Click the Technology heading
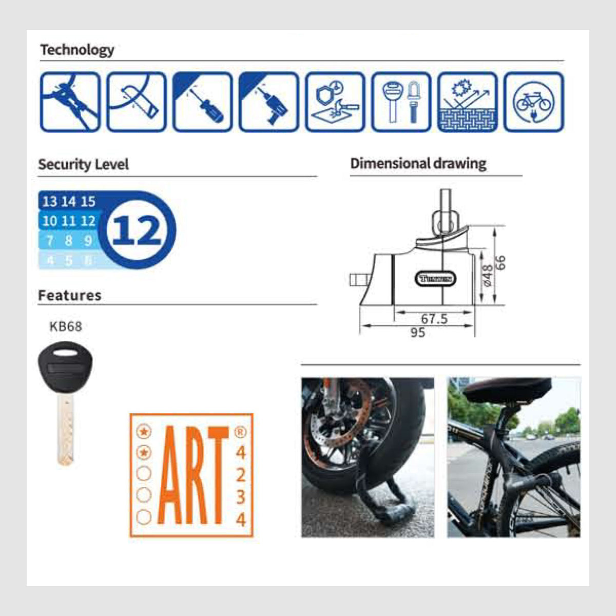(x=77, y=50)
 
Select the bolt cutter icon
(x=70, y=102)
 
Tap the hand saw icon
(x=136, y=102)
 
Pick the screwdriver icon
(x=202, y=102)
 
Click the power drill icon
(x=268, y=102)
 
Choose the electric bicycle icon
(x=533, y=102)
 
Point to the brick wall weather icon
(x=467, y=102)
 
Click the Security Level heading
(x=83, y=165)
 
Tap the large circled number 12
(x=137, y=230)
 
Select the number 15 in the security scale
(x=88, y=202)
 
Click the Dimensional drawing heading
(x=418, y=164)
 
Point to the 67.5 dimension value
(x=434, y=319)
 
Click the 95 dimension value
(x=418, y=333)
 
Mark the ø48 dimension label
(x=487, y=276)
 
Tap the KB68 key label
(x=66, y=326)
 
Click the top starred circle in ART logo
(x=144, y=432)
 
